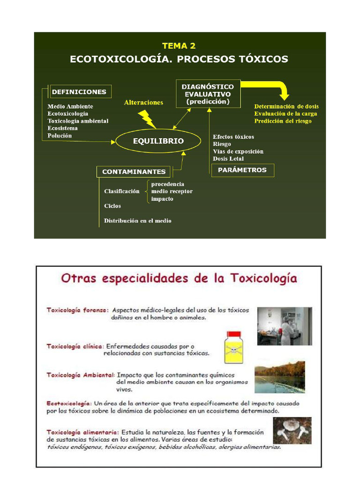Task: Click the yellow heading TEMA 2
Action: pos(179,45)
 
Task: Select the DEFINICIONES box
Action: pos(79,92)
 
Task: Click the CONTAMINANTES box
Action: pos(134,172)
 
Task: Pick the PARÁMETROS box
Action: pos(242,170)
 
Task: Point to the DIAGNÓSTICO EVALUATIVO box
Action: pos(208,94)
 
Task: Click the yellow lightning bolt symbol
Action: pos(148,119)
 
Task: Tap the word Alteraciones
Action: pos(143,103)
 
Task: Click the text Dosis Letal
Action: pos(228,159)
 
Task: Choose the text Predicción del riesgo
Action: pos(283,121)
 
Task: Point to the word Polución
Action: pos(60,136)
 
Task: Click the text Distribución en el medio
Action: pos(137,221)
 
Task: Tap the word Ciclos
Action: pos(112,206)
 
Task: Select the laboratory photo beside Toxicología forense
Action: pos(284,326)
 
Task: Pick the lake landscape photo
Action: pos(279,377)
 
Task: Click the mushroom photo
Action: pos(292,430)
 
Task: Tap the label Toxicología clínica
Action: pos(75,346)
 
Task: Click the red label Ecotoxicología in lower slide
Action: pos(68,403)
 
